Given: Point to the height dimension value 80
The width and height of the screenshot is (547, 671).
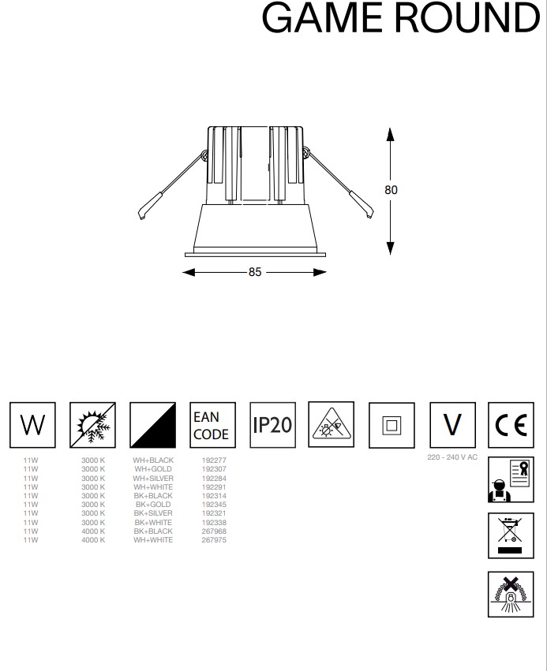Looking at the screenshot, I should coord(391,190).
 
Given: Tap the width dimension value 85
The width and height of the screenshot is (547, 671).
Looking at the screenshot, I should coord(254,273).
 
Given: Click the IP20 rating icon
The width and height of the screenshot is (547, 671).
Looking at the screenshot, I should coord(272,425).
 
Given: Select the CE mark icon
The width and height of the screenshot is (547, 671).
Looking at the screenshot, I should coord(511,425).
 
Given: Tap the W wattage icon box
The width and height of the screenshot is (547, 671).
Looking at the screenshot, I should coord(32,425).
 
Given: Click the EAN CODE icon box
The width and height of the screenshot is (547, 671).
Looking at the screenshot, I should coord(211,425).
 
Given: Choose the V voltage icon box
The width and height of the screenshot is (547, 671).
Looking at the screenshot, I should coord(451,425).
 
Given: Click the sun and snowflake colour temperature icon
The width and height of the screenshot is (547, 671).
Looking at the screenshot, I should coord(92,425).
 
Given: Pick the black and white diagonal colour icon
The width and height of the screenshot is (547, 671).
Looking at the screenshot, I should coord(152,425).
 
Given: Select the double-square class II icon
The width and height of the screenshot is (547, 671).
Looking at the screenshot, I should coord(392,425).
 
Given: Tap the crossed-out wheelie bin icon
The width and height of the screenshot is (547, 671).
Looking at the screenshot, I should coord(511,536).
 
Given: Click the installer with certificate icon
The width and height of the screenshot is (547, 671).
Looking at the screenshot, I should coord(511,479).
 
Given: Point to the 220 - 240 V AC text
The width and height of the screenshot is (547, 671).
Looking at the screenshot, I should coord(451,458).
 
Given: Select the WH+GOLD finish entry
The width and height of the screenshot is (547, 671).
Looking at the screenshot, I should coord(153,469).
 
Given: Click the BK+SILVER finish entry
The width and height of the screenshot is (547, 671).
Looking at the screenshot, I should coord(153,513).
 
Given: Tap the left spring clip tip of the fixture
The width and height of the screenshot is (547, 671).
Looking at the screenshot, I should coord(142,214).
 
